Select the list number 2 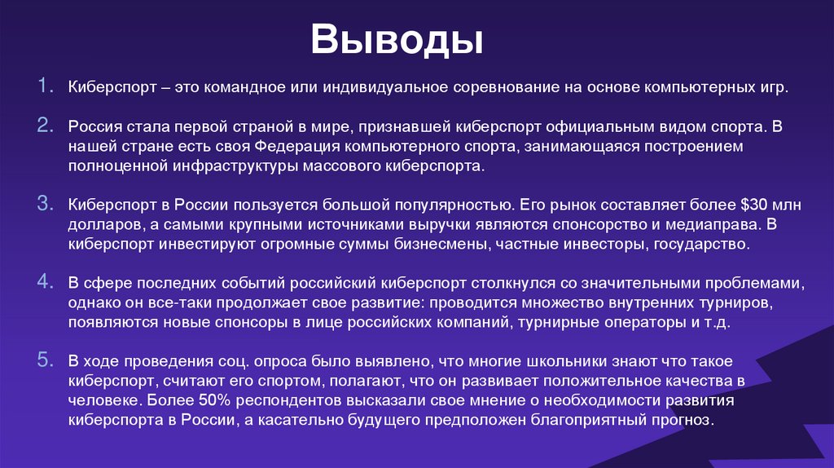click(x=44, y=126)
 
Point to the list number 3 click(x=44, y=203)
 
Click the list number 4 click(x=44, y=282)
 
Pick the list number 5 click(x=44, y=360)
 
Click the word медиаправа click(x=723, y=224)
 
